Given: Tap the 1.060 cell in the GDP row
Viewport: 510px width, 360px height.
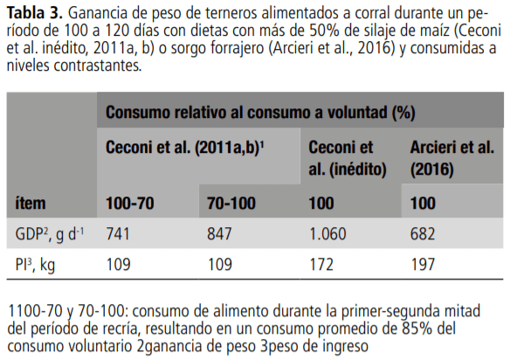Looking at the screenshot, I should pos(328,233).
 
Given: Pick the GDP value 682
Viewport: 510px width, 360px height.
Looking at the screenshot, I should pos(425,233).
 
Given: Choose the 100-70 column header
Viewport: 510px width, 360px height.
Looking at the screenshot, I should pos(131,203).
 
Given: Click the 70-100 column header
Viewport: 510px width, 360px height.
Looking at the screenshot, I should pos(231,203).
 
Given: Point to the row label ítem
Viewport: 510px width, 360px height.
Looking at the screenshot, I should pos(31,203).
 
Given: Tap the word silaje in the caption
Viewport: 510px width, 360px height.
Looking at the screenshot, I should pos(356,31).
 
